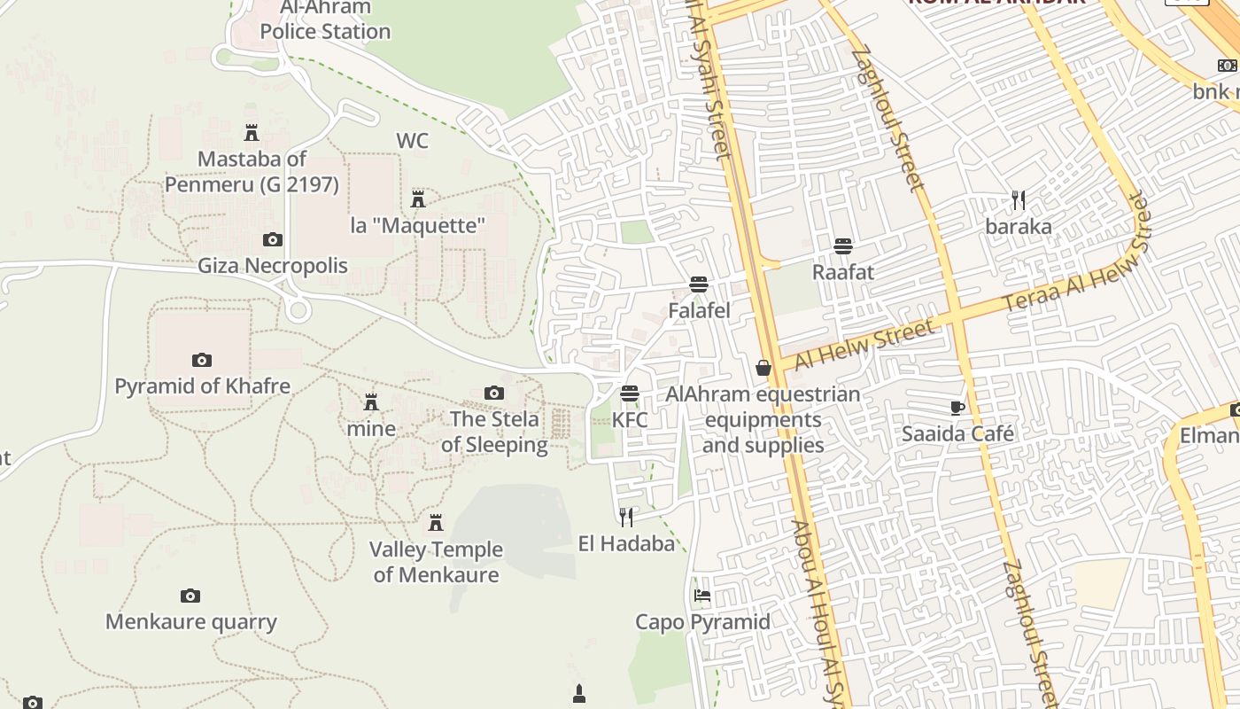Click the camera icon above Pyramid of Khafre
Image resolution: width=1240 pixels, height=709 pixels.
[x=202, y=360]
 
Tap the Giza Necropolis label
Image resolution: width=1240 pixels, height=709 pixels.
[x=272, y=266]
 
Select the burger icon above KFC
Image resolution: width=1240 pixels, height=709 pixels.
[x=630, y=393]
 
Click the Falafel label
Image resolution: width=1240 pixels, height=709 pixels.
[x=699, y=311]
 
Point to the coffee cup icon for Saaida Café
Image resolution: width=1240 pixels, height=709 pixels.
[x=957, y=408]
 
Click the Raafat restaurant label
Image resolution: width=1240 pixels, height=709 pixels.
[x=843, y=272]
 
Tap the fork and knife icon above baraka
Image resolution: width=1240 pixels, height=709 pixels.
[x=1019, y=199]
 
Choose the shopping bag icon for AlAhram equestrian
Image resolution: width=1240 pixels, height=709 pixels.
[x=763, y=368]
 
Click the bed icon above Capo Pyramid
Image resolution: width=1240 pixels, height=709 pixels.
[x=702, y=596]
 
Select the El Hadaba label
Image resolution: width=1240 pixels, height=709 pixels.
[x=626, y=543]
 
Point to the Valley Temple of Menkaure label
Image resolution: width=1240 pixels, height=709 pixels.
[x=435, y=562]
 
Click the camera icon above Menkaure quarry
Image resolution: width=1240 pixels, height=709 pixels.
[x=190, y=596]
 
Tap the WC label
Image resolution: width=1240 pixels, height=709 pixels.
[x=412, y=141]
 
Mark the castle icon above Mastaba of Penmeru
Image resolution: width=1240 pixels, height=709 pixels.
[x=252, y=133]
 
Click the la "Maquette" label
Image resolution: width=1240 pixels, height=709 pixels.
[x=418, y=225]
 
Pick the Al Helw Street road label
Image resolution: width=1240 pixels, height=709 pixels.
[x=864, y=346]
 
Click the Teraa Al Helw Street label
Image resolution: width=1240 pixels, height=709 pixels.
[x=1076, y=257]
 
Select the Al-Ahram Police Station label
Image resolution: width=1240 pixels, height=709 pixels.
[x=325, y=19]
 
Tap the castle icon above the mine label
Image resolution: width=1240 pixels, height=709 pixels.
[x=371, y=402]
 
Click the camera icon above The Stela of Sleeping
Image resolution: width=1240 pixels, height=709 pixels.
[x=494, y=393]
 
